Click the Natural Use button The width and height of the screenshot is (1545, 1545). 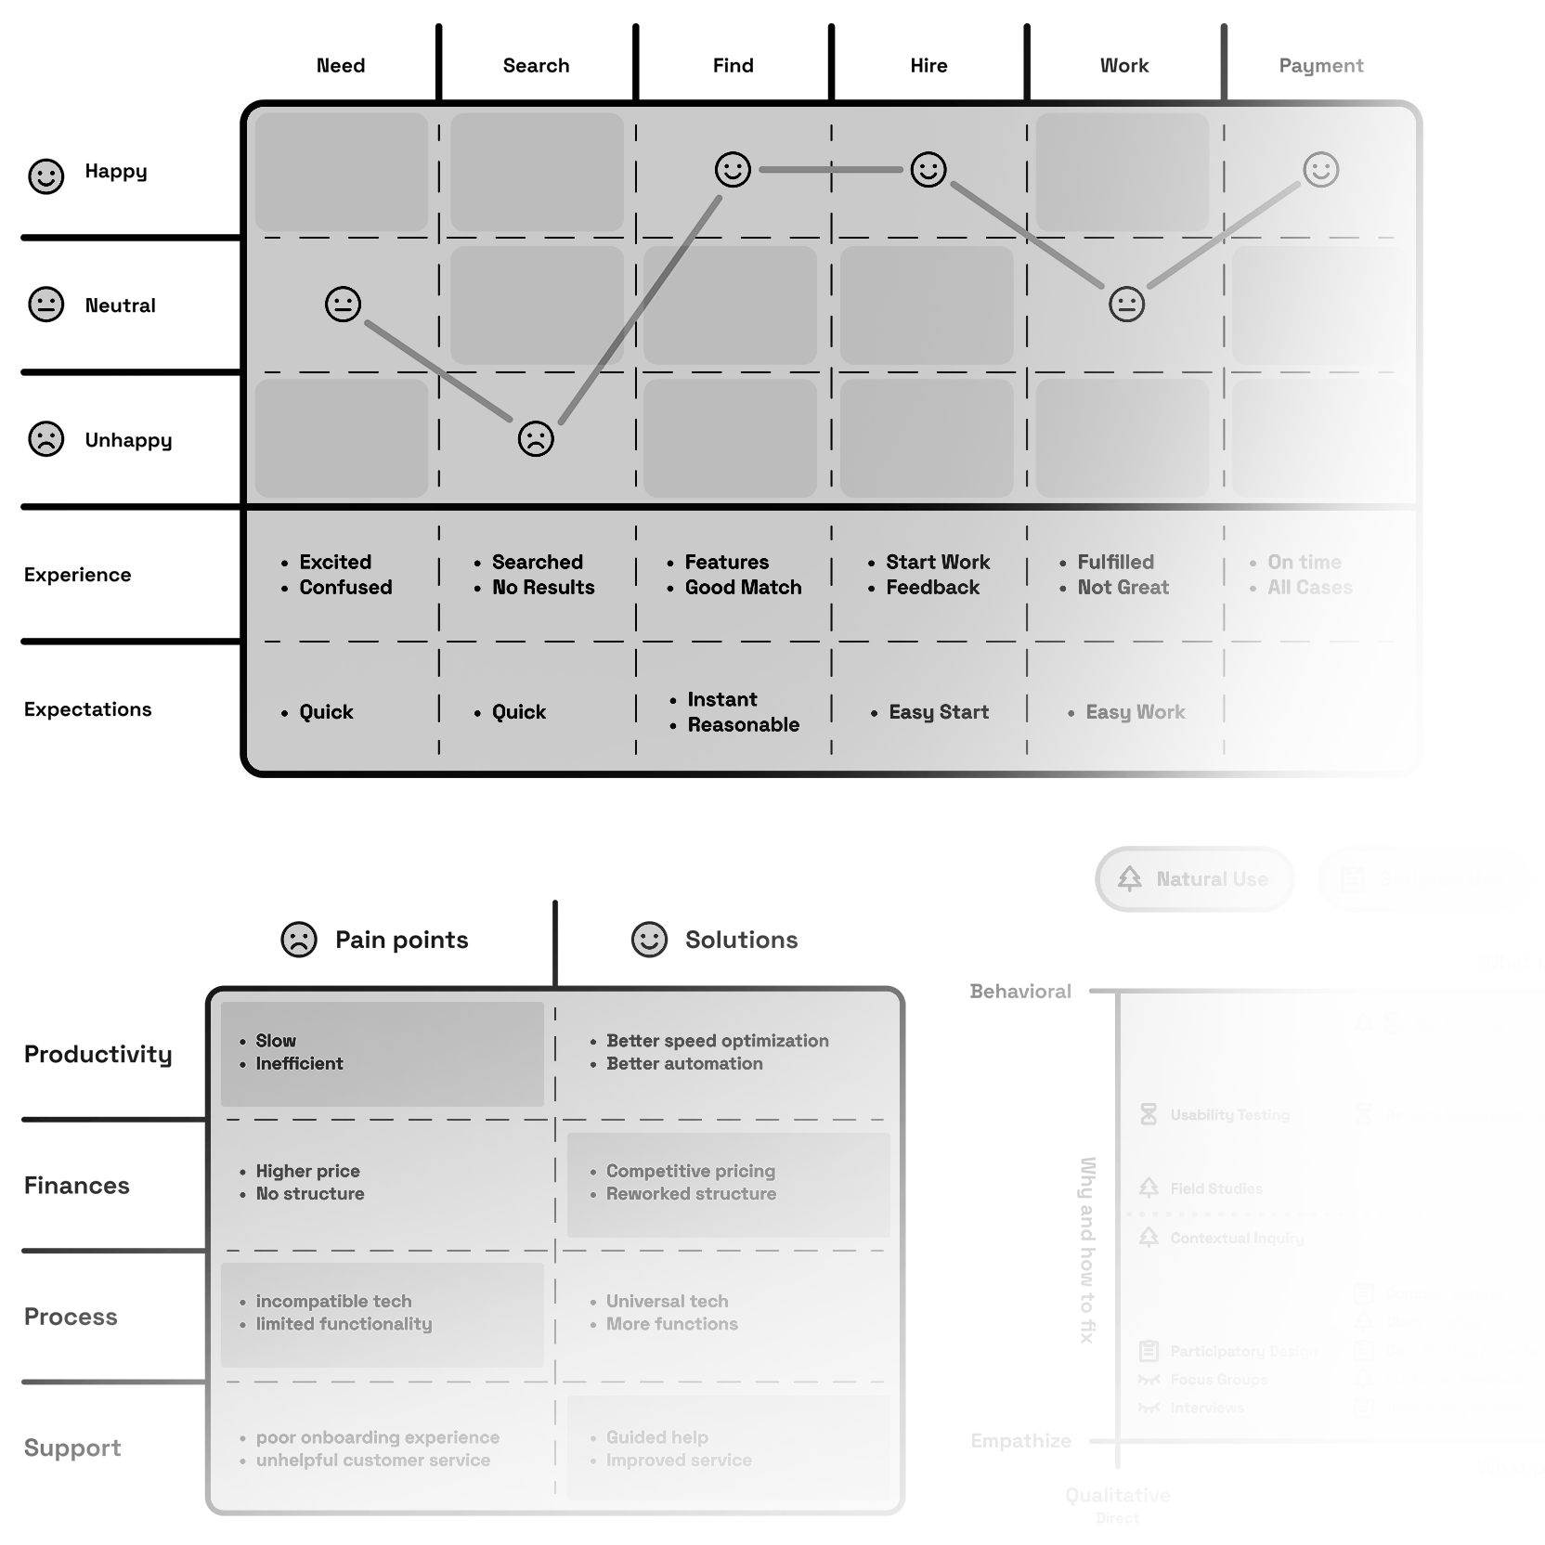(1195, 878)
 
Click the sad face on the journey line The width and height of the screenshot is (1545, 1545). (536, 438)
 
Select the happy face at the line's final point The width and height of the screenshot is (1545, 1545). (1320, 170)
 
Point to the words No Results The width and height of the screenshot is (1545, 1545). (543, 588)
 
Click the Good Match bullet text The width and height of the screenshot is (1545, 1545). (743, 588)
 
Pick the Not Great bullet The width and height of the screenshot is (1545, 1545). (1123, 588)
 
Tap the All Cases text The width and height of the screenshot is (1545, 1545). (1310, 588)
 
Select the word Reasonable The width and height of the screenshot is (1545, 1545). (743, 725)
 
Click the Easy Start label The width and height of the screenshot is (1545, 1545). (939, 712)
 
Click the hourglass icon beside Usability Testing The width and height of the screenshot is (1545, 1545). (1149, 1114)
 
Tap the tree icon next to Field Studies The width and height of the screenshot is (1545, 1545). (1149, 1188)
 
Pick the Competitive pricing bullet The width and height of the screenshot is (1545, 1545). (690, 1171)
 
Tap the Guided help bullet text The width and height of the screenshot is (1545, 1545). (656, 1437)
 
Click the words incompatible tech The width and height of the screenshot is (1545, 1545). (333, 1301)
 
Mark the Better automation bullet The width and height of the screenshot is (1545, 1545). (684, 1064)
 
